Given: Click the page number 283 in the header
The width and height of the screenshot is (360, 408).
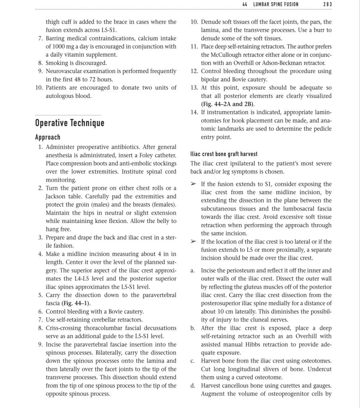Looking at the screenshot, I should (x=328, y=4).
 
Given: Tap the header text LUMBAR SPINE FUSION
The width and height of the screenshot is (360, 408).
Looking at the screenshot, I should (x=275, y=4).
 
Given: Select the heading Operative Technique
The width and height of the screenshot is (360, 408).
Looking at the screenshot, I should (x=69, y=123).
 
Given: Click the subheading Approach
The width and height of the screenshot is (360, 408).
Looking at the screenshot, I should (x=47, y=137).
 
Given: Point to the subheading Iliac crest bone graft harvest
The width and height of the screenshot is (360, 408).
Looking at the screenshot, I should (x=223, y=154).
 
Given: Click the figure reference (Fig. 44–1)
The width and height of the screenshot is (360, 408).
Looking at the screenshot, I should (x=76, y=304).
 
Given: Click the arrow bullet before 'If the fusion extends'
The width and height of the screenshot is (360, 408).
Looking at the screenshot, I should (x=193, y=184).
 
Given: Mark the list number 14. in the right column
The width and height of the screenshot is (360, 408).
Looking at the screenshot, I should (x=195, y=112).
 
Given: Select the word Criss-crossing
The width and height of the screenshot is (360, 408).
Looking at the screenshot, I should (x=67, y=328).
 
